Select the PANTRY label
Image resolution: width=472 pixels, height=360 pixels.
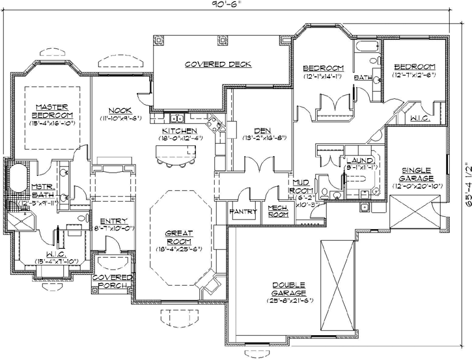243,212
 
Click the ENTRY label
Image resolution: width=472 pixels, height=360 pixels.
113,221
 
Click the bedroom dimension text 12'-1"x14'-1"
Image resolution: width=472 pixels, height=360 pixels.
323,77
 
